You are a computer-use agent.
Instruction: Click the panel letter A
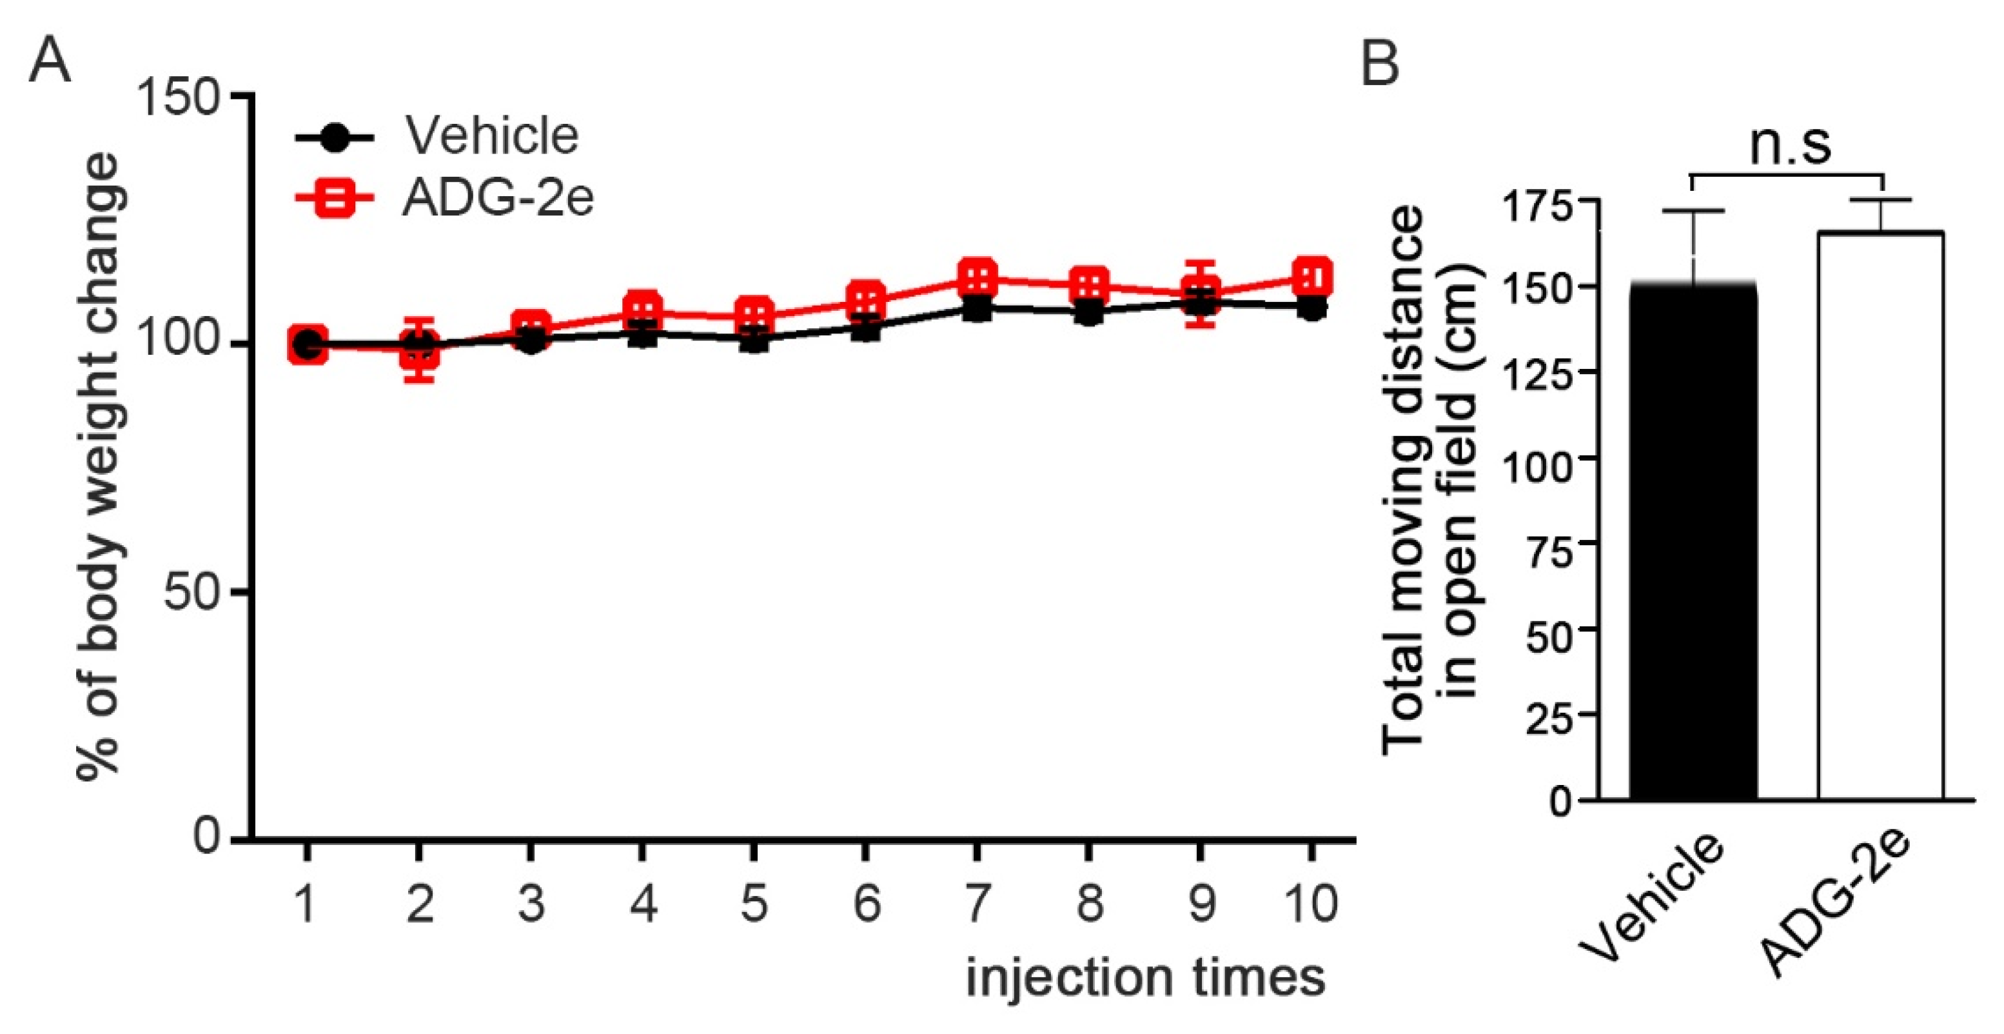click(x=49, y=61)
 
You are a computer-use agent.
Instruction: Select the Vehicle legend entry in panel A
click(x=490, y=136)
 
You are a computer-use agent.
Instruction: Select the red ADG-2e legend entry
click(x=496, y=199)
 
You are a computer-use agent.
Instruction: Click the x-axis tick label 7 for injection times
click(x=976, y=904)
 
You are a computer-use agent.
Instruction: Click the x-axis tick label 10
click(x=1311, y=904)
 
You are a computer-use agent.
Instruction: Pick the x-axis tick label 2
click(x=419, y=904)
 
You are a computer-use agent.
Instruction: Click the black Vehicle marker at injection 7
click(x=976, y=309)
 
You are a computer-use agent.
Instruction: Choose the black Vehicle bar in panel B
click(x=1693, y=544)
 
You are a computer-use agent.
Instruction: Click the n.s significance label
click(x=1790, y=144)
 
